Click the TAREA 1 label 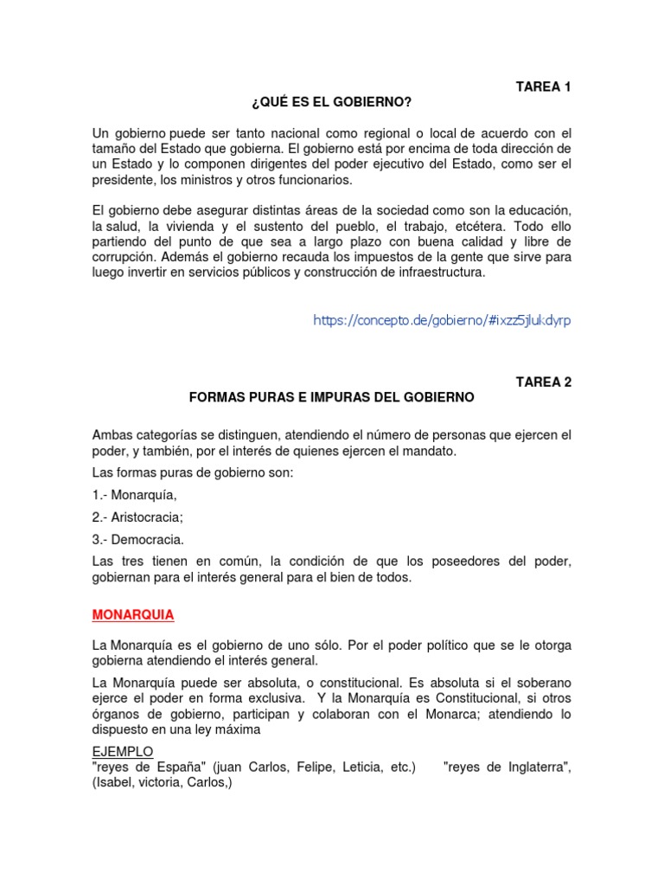[544, 87]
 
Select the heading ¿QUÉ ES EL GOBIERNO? [332, 104]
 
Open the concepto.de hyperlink [442, 320]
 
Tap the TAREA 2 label [544, 381]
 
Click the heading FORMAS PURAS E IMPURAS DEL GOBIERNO [332, 397]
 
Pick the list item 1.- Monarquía [134, 495]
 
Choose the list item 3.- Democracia [138, 540]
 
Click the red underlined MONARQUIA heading [133, 614]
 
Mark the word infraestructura [437, 273]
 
